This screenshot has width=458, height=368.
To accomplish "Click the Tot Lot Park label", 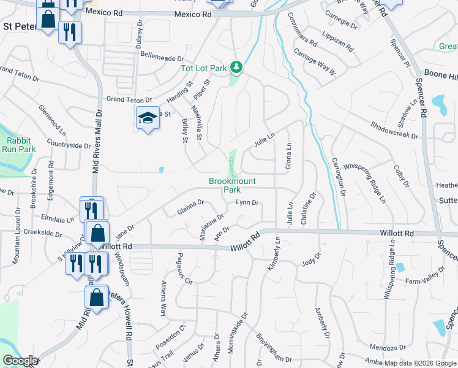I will tap(204, 68).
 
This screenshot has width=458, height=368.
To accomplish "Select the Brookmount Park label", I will tap(232, 185).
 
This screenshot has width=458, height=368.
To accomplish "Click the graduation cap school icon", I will tap(147, 118).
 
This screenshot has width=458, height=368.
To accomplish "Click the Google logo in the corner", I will tap(21, 361).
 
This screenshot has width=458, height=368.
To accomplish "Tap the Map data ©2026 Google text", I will tap(420, 363).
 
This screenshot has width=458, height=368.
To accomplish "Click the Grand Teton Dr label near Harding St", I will tap(129, 99).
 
